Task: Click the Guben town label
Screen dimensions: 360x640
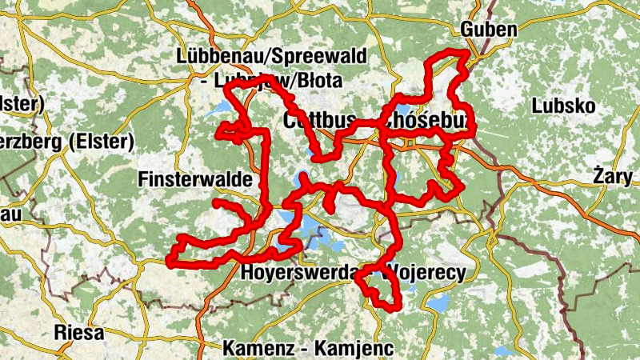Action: [x=489, y=30]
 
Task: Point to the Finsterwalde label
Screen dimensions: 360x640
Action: [x=195, y=178]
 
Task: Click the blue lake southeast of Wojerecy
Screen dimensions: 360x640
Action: [x=438, y=302]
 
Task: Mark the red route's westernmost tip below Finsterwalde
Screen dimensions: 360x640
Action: [x=170, y=258]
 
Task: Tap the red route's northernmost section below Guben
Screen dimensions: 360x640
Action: [x=448, y=54]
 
